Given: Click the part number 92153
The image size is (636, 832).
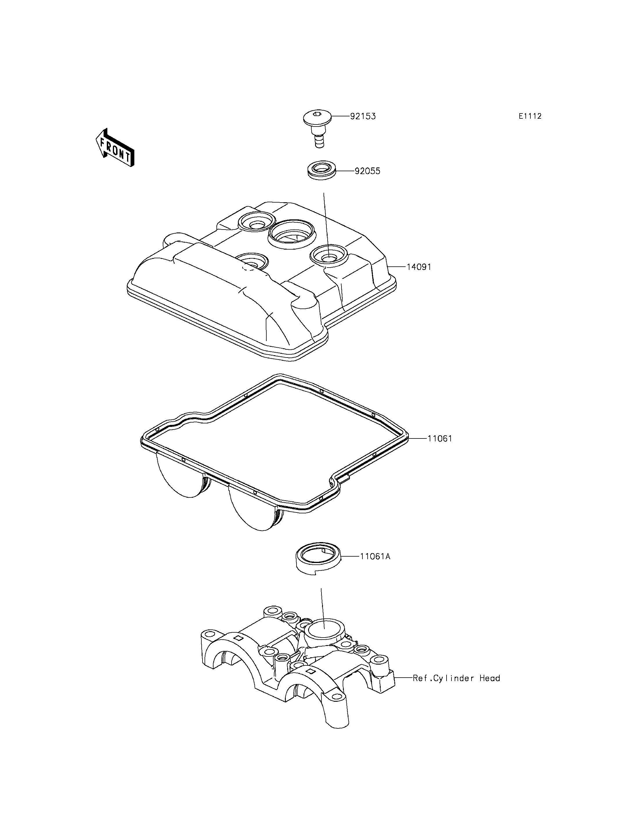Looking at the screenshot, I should [363, 116].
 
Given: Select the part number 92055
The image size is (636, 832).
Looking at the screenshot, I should [367, 171].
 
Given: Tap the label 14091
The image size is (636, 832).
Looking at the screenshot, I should [419, 267].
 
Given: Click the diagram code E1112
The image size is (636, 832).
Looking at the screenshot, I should [530, 116].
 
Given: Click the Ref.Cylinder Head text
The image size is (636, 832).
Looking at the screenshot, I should [456, 678].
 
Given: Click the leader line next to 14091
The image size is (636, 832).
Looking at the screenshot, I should [397, 267].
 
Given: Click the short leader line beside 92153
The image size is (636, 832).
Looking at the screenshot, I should [340, 116].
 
